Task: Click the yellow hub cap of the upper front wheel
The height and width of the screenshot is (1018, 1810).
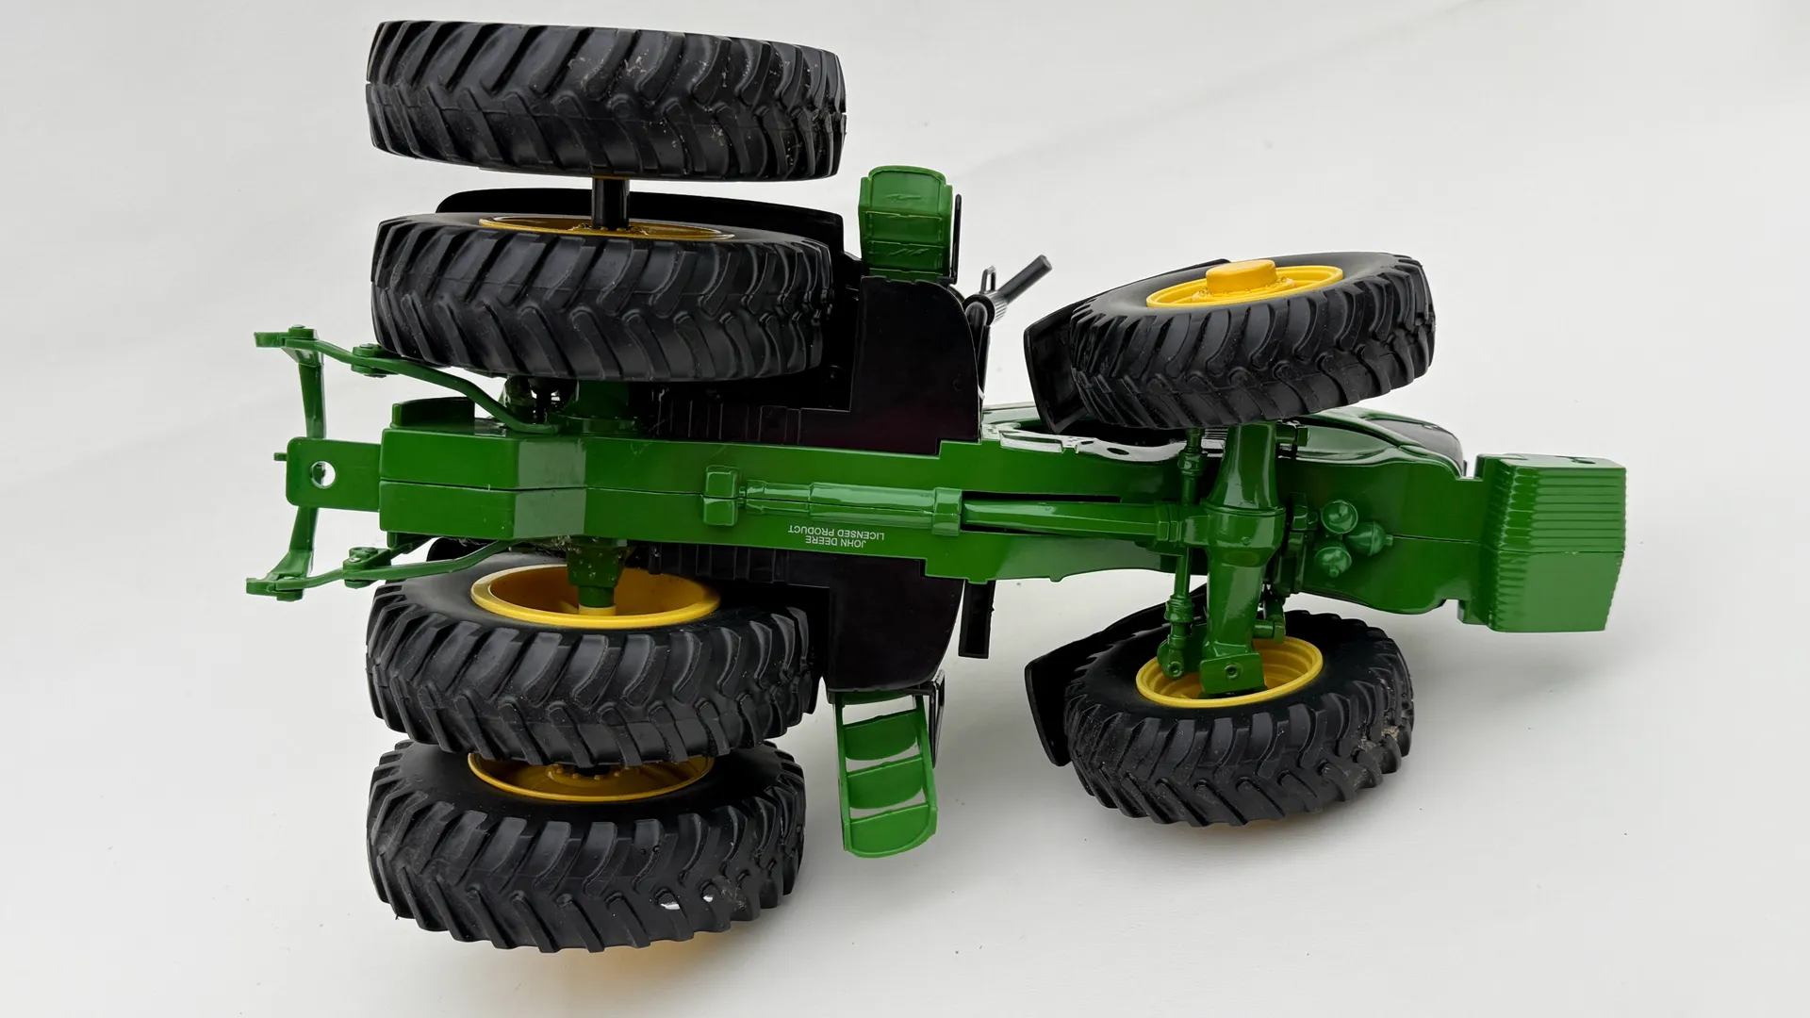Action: click(1243, 283)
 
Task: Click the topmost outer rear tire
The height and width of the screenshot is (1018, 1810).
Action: click(603, 102)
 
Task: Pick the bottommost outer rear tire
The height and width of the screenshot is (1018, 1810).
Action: click(585, 843)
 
